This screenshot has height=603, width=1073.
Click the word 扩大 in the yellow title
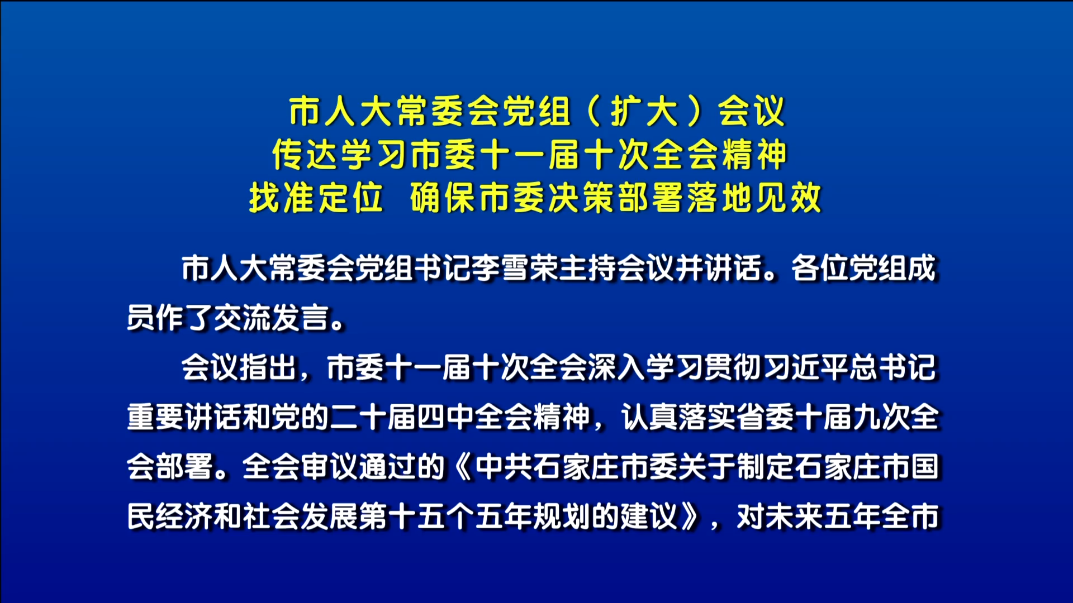click(644, 111)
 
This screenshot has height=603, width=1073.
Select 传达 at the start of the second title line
click(306, 154)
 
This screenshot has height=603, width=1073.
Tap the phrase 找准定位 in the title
click(316, 197)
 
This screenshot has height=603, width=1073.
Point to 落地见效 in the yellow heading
click(754, 197)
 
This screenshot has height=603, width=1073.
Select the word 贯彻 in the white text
click(734, 367)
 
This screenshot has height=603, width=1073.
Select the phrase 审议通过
click(359, 467)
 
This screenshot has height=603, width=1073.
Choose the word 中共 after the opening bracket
click(504, 467)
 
